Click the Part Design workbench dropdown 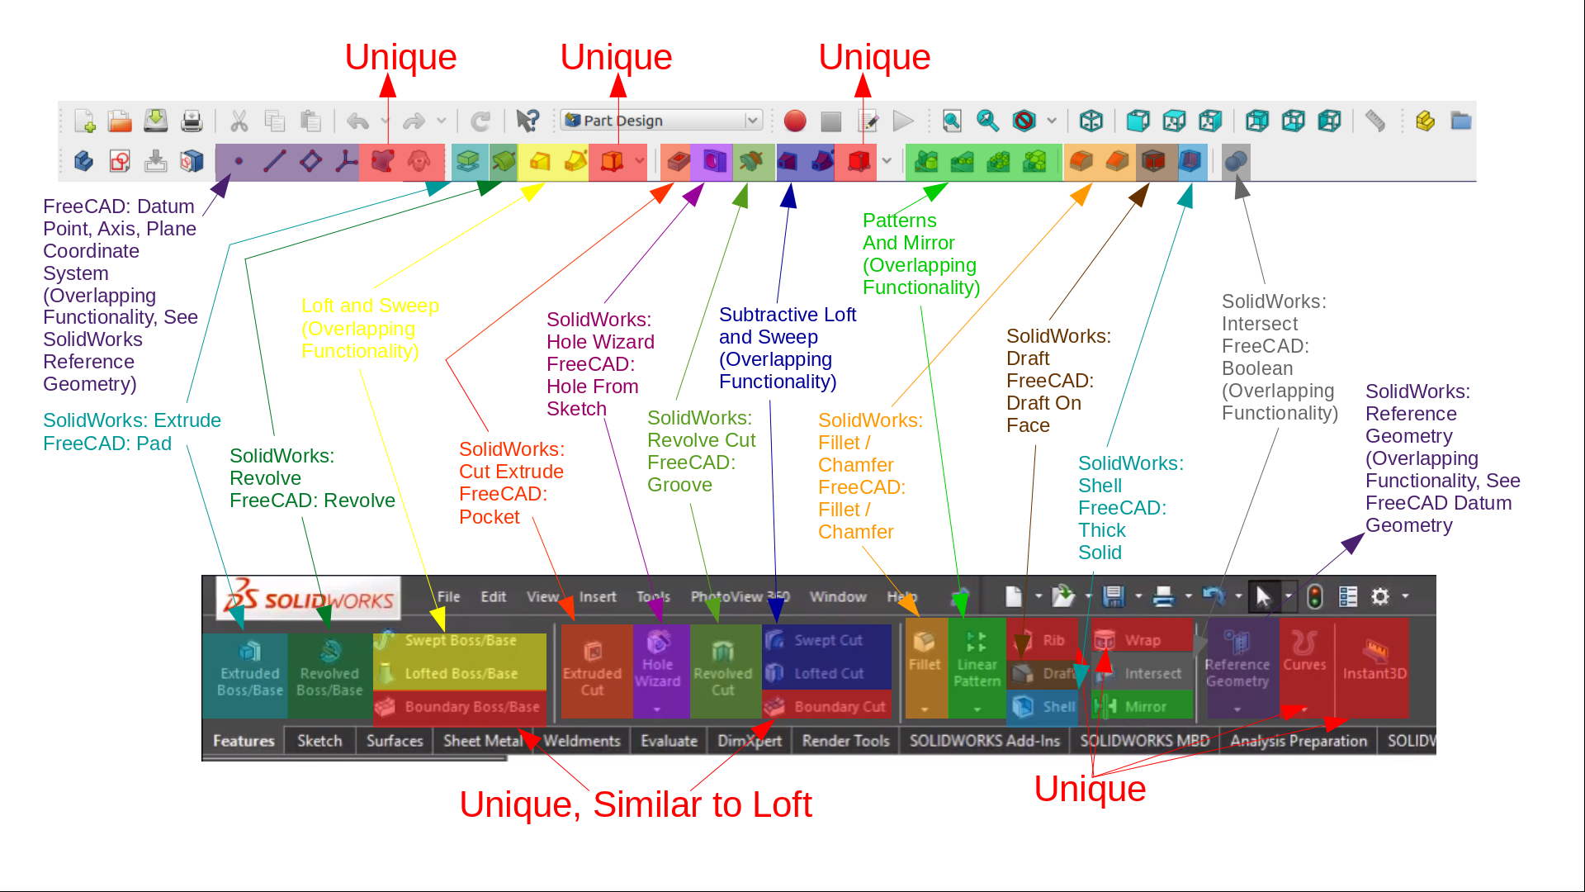point(660,121)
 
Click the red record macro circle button point(795,121)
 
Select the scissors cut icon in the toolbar point(239,121)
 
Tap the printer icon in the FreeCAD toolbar point(192,121)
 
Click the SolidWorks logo point(309,598)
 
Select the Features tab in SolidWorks point(244,741)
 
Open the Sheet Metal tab point(483,741)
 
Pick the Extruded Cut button point(592,671)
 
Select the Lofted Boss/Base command point(461,674)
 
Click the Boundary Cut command point(839,707)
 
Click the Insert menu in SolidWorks point(598,596)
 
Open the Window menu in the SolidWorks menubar point(838,596)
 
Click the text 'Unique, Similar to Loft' point(636,804)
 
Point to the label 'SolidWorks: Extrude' point(132,420)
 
